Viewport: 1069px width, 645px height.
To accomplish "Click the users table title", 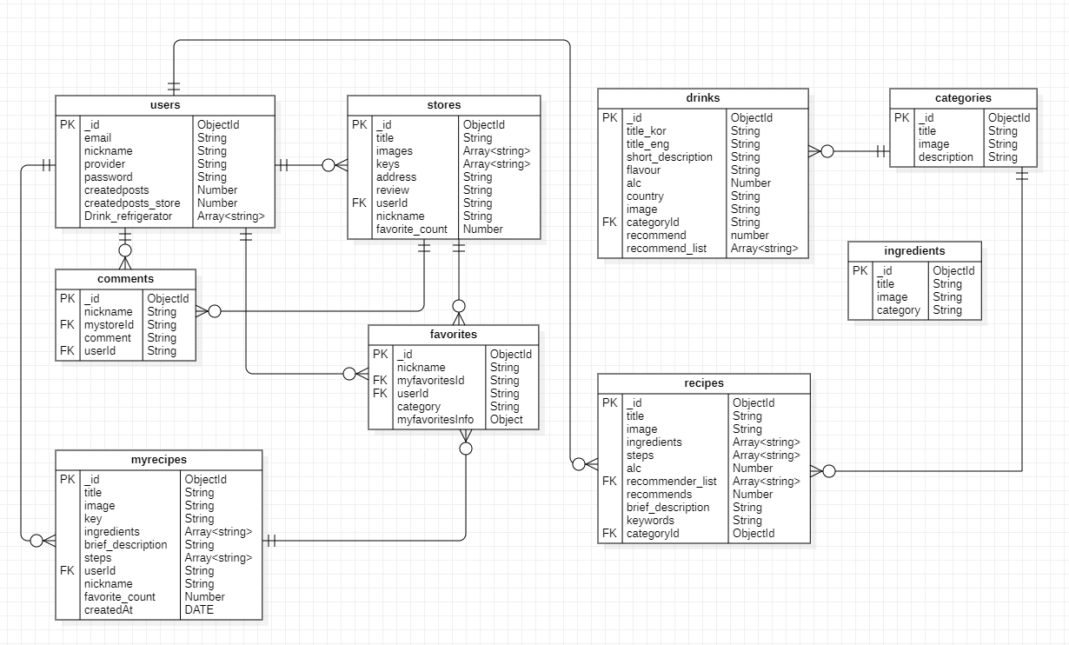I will (165, 105).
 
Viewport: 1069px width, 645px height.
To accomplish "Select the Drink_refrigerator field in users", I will (128, 216).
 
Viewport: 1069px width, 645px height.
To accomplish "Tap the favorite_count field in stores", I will (411, 229).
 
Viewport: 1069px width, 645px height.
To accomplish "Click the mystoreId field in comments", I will (109, 325).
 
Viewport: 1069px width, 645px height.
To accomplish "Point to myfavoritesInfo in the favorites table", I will (435, 420).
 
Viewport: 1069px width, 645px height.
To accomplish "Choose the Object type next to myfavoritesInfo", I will (507, 420).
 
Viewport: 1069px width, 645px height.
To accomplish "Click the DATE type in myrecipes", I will (199, 610).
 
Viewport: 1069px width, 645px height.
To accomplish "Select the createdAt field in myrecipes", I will (109, 610).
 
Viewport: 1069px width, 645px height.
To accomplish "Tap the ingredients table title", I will (914, 251).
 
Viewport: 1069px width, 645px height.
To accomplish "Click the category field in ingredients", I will (898, 310).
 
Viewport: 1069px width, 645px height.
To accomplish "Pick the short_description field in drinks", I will (669, 157).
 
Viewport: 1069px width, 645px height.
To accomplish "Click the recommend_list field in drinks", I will (666, 249).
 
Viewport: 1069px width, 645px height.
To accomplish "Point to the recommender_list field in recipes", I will (671, 482).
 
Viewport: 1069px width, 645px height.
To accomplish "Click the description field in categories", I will (946, 157).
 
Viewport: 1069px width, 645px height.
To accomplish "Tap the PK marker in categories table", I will (901, 118).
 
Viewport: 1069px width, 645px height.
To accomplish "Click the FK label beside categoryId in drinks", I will (609, 223).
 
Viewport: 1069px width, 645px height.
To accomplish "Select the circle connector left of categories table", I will (827, 151).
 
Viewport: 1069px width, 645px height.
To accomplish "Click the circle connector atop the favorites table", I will (459, 306).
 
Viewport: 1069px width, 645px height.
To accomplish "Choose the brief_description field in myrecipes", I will (125, 545).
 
